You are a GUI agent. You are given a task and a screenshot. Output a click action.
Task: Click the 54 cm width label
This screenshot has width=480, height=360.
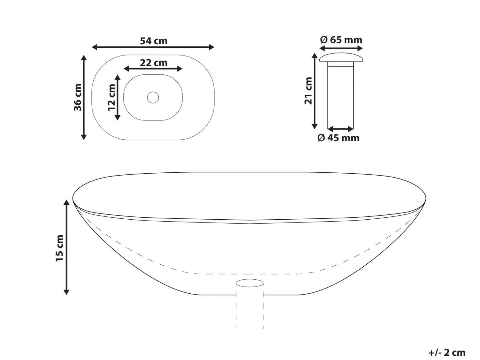(x=153, y=41)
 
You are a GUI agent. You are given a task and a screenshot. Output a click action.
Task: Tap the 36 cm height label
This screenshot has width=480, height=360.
(x=78, y=97)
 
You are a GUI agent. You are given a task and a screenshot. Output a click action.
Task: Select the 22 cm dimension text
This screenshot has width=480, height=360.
(x=153, y=63)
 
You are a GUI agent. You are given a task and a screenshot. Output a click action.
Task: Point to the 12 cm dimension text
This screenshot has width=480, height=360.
(x=112, y=97)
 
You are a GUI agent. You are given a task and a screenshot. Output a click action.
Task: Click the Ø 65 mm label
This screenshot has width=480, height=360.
(x=341, y=40)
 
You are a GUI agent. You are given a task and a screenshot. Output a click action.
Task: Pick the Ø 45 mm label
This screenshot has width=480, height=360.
(x=339, y=138)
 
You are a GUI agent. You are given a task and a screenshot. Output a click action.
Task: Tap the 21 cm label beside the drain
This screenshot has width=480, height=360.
(x=308, y=91)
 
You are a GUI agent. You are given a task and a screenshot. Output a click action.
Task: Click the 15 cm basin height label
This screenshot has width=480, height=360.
(x=59, y=248)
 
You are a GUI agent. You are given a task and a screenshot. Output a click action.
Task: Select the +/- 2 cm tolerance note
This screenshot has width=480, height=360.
(x=447, y=352)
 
